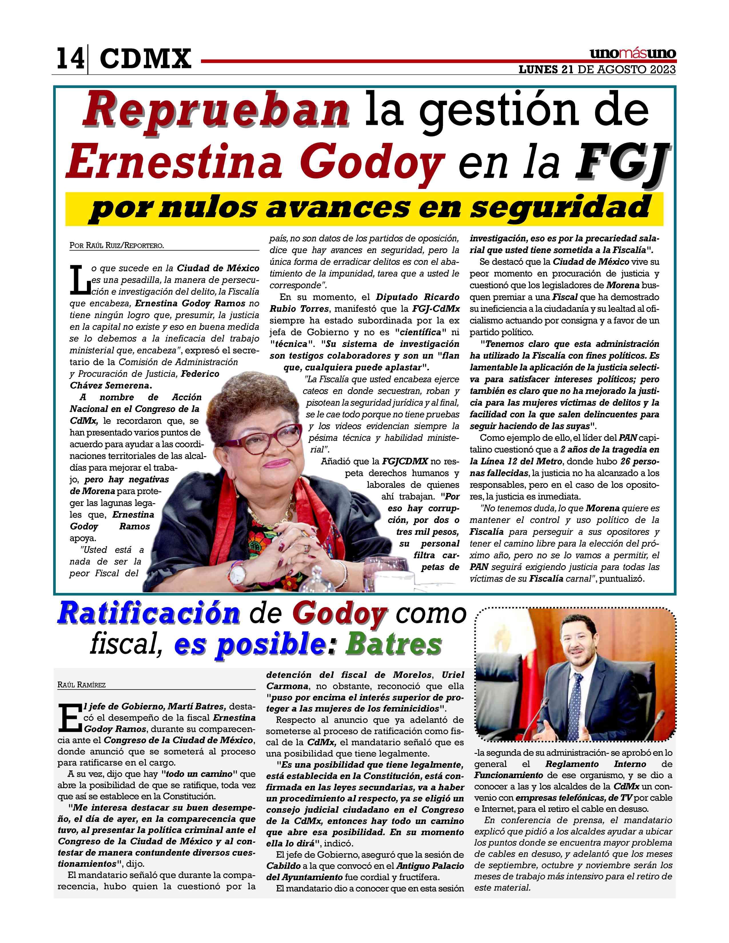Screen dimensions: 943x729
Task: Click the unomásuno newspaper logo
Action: [x=633, y=54]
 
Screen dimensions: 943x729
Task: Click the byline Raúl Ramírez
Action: [x=82, y=685]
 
